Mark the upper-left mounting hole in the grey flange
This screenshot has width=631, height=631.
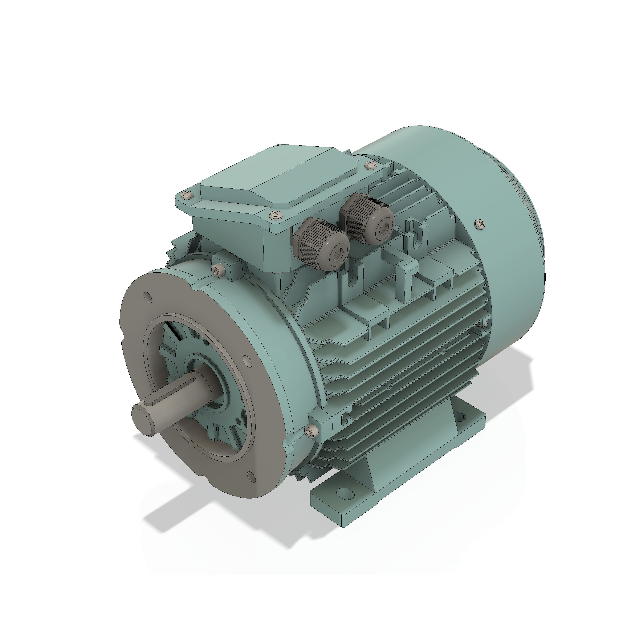(x=147, y=297)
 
